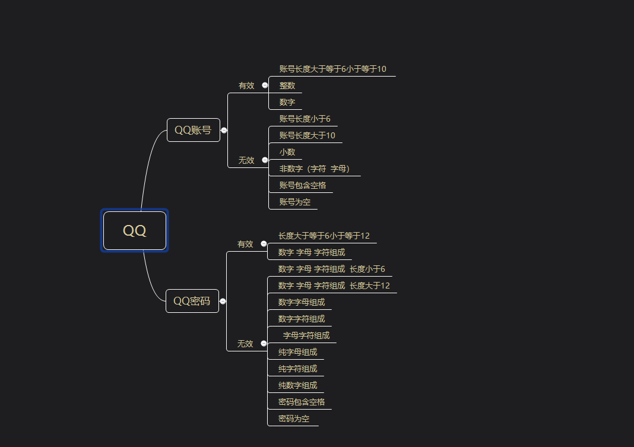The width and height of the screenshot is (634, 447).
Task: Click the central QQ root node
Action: (x=135, y=230)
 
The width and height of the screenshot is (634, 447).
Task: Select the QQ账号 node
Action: (x=193, y=130)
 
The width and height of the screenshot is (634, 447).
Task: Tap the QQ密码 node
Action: (x=192, y=301)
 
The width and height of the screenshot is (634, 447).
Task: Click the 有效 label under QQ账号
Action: (x=246, y=85)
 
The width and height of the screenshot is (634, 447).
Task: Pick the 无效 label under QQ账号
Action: (x=246, y=160)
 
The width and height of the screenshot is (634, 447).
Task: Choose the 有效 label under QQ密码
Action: (x=245, y=244)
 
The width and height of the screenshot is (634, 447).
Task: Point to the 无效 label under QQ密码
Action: (x=245, y=344)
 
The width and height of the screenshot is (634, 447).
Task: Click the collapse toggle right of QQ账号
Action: (x=224, y=130)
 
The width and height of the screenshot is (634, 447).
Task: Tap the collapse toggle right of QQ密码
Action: (x=223, y=301)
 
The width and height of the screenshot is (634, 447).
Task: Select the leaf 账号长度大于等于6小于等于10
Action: (x=332, y=69)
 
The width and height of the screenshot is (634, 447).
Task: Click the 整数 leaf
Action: (x=287, y=85)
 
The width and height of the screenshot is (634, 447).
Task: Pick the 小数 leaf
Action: (x=287, y=152)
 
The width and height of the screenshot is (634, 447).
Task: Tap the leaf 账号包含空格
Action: (x=303, y=185)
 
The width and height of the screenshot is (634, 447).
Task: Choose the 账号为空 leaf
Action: (x=295, y=202)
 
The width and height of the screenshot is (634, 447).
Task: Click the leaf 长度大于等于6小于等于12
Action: (x=324, y=236)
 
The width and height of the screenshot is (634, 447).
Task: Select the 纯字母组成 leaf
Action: (x=297, y=352)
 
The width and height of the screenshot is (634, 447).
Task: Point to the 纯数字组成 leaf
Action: (x=297, y=385)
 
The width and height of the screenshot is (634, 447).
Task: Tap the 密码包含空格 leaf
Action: (x=302, y=402)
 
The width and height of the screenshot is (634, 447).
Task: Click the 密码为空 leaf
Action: (x=294, y=419)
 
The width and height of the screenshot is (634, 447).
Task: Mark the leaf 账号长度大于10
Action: (x=307, y=135)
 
